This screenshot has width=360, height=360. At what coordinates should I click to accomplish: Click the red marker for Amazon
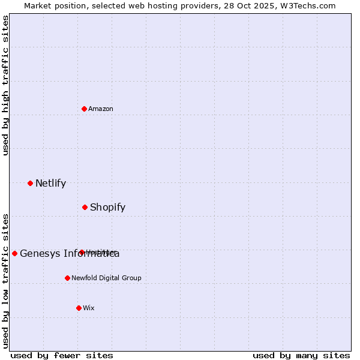click(85, 109)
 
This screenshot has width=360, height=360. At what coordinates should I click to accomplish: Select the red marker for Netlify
click(30, 183)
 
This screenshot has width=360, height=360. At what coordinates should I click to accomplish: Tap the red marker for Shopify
click(85, 207)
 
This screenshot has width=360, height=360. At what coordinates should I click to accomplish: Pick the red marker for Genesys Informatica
click(15, 253)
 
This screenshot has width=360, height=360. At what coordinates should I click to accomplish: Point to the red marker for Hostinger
click(82, 252)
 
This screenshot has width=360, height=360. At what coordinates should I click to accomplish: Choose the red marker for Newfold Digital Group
click(67, 278)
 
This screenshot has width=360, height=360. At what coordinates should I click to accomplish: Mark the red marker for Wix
click(79, 308)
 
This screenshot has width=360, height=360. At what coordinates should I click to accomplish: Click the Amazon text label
click(101, 109)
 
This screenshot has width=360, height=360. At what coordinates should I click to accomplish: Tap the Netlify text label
click(50, 183)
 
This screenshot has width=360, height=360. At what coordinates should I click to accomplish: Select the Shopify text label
click(107, 207)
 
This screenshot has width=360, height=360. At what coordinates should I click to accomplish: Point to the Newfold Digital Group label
click(106, 278)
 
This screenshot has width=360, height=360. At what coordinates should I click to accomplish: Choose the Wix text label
click(89, 308)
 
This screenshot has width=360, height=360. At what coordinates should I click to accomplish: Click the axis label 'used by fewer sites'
click(62, 355)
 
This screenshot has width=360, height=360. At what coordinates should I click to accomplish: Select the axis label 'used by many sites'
click(301, 355)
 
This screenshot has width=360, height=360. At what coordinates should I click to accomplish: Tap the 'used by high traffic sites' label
click(5, 85)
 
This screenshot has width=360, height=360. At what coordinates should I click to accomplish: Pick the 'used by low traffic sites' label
click(5, 281)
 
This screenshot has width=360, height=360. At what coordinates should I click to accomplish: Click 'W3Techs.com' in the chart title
click(309, 5)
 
